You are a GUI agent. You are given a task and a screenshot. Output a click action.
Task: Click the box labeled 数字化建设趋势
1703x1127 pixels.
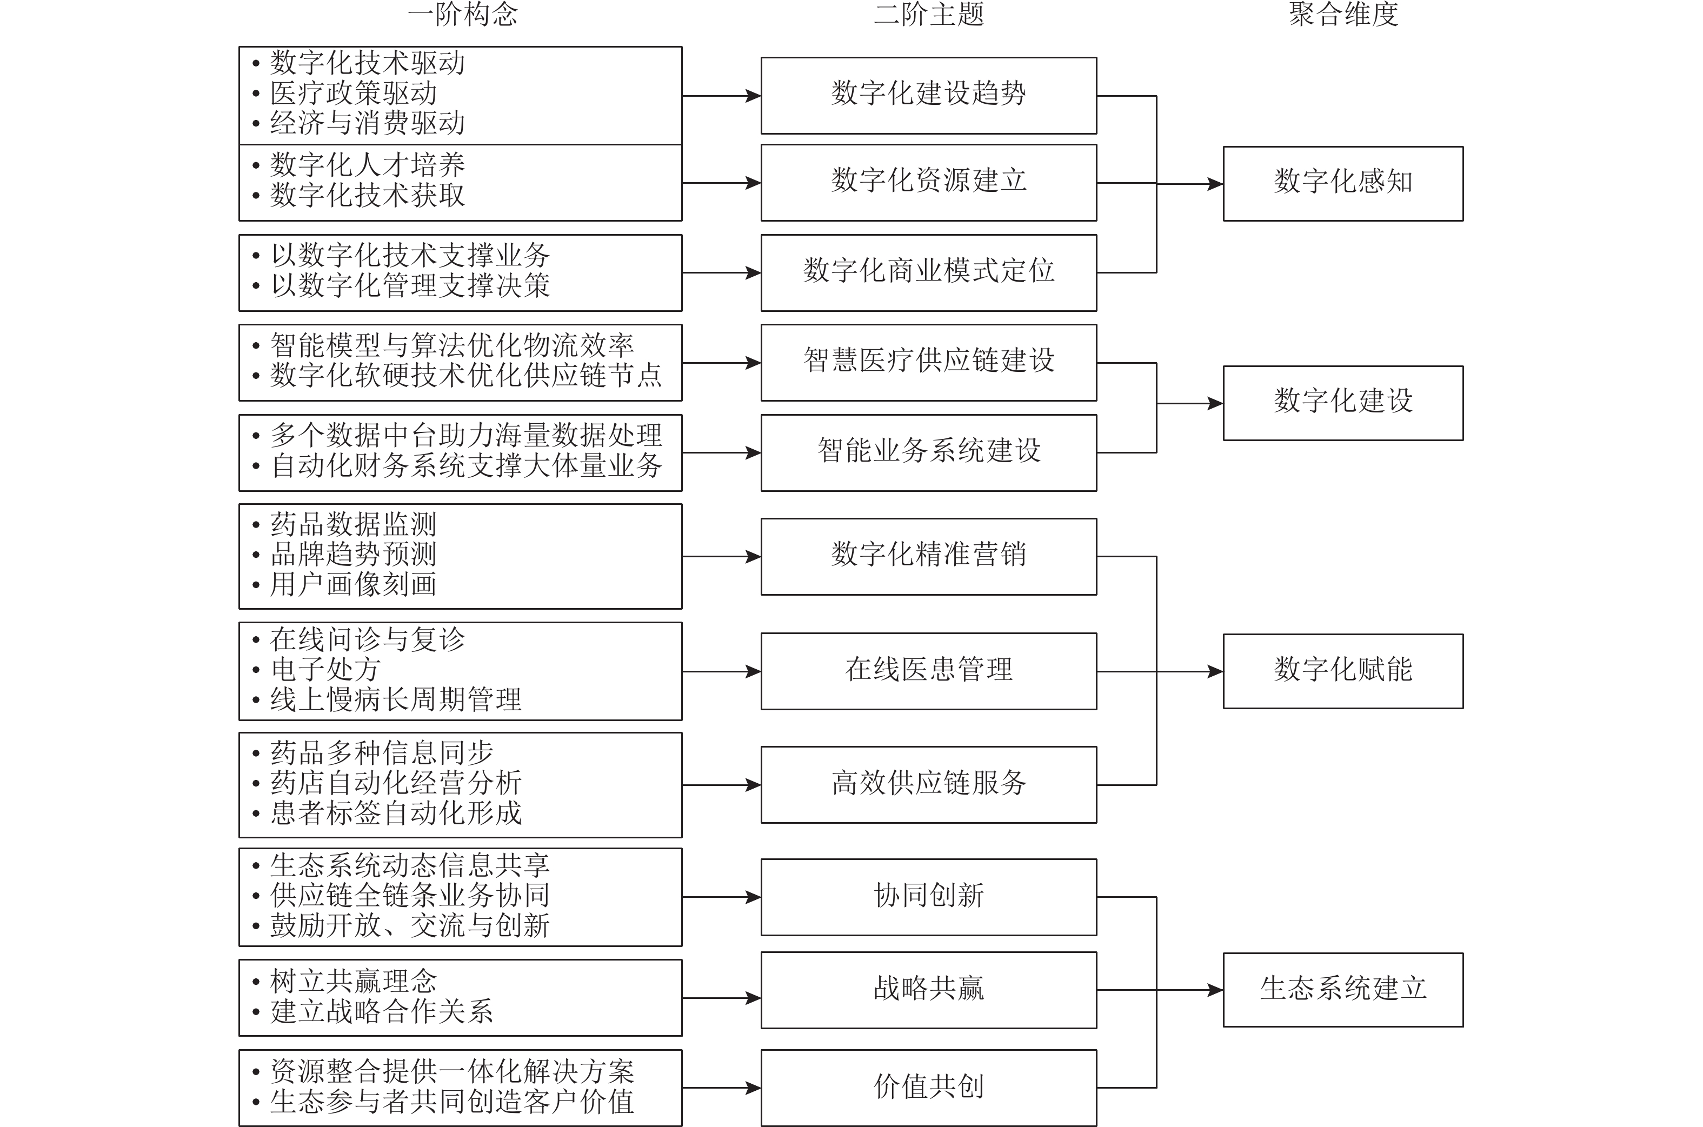(x=928, y=96)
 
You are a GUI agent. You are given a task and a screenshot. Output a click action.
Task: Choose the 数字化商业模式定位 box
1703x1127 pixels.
(x=928, y=272)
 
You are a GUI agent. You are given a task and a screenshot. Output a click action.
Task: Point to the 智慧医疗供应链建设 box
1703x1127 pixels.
(x=928, y=362)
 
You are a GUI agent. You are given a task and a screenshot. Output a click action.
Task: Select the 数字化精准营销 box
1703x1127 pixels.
(x=928, y=556)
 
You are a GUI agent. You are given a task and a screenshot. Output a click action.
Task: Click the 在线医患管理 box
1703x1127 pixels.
(x=928, y=671)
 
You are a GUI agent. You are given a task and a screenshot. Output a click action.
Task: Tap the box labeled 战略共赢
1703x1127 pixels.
(x=928, y=990)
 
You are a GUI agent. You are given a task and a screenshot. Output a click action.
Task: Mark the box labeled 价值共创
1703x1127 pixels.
(x=928, y=1088)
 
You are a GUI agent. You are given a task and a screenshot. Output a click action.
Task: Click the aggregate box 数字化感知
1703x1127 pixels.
(x=1343, y=183)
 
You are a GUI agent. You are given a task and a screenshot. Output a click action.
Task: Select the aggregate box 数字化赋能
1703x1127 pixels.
(x=1343, y=671)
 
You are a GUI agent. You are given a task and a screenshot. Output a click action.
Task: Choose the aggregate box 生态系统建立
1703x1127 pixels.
(x=1343, y=990)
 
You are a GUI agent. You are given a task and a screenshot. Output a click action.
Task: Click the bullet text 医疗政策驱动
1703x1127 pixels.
(x=354, y=94)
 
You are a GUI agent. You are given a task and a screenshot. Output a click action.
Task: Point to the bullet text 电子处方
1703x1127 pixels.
(x=325, y=670)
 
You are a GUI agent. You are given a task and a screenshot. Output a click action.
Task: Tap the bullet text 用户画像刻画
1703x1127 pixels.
(x=354, y=585)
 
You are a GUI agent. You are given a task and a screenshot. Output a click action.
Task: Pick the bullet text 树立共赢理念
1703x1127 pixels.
(x=354, y=982)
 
